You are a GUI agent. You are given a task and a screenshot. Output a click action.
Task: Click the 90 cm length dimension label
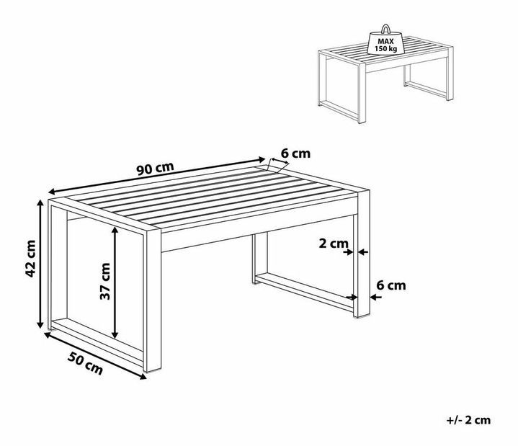[x=156, y=169]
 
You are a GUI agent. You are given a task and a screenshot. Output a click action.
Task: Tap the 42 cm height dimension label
[x=30, y=259]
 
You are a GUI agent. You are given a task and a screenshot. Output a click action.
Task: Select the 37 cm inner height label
[x=105, y=281]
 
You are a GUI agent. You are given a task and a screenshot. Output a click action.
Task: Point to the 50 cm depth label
[x=85, y=363]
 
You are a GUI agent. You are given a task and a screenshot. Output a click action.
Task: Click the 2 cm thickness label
[x=334, y=244]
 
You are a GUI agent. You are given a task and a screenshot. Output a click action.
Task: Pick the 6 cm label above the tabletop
[x=295, y=153]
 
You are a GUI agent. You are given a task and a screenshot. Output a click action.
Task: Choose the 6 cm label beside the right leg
[x=391, y=285]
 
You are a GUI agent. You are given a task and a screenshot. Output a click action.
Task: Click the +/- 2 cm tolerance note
[x=468, y=420]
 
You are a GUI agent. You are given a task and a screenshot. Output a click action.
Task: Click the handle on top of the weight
[x=386, y=29]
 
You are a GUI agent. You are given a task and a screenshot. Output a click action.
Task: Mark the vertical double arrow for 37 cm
[x=115, y=282]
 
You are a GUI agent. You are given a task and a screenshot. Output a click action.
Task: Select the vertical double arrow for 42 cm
[x=40, y=264]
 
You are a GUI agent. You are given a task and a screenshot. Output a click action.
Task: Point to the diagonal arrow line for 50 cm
[x=95, y=356]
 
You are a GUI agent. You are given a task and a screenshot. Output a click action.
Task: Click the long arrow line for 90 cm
[x=157, y=175]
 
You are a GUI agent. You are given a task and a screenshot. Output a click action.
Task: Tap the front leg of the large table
[x=152, y=300]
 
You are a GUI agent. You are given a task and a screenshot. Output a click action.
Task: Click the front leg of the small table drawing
[x=362, y=92]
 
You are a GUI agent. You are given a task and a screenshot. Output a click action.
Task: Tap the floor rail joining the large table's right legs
[x=305, y=293]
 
